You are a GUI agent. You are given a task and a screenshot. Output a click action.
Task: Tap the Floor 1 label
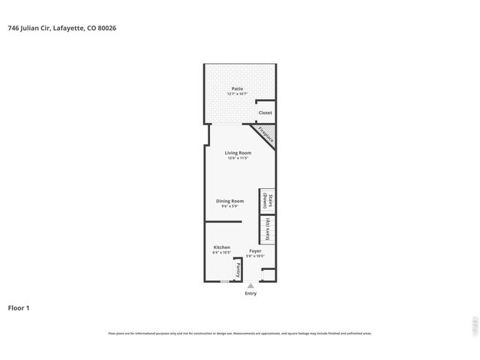(x=19, y=307)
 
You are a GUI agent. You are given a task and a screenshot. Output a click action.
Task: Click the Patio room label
(x=237, y=88)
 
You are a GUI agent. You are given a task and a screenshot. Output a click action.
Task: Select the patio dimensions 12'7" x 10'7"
(x=237, y=94)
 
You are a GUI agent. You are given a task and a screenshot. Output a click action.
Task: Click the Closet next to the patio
(x=265, y=112)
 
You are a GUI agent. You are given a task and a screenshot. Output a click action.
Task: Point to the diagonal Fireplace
(x=265, y=134)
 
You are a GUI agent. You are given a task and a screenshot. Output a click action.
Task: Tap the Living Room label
(x=238, y=152)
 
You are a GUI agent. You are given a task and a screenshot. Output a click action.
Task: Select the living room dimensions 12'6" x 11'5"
(x=238, y=158)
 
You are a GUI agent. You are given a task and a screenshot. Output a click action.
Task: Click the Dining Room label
(x=230, y=200)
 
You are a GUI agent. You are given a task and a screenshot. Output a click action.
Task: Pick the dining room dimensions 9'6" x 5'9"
(x=230, y=206)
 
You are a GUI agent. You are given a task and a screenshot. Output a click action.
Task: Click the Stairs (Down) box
(x=267, y=200)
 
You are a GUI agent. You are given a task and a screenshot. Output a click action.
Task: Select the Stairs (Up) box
(x=267, y=229)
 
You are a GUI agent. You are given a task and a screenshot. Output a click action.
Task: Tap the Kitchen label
(x=221, y=247)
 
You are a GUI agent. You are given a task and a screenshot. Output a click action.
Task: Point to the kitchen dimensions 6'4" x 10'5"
(x=221, y=253)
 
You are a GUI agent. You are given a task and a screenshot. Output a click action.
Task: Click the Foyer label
(x=255, y=250)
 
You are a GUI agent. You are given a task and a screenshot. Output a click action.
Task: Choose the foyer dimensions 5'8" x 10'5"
(x=255, y=256)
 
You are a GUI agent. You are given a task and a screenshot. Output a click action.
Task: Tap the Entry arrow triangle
(x=250, y=286)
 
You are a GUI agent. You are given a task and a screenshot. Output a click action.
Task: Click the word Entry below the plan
(x=250, y=293)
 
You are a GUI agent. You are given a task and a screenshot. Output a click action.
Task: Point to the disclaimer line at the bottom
(x=240, y=333)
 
